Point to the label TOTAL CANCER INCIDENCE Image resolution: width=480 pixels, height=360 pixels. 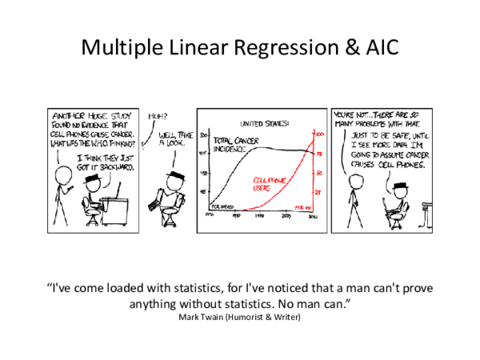pyautogui.click(x=232, y=144)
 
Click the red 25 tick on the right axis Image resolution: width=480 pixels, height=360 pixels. pyautogui.click(x=318, y=193)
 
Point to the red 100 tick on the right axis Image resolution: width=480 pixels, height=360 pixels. pyautogui.click(x=319, y=134)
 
